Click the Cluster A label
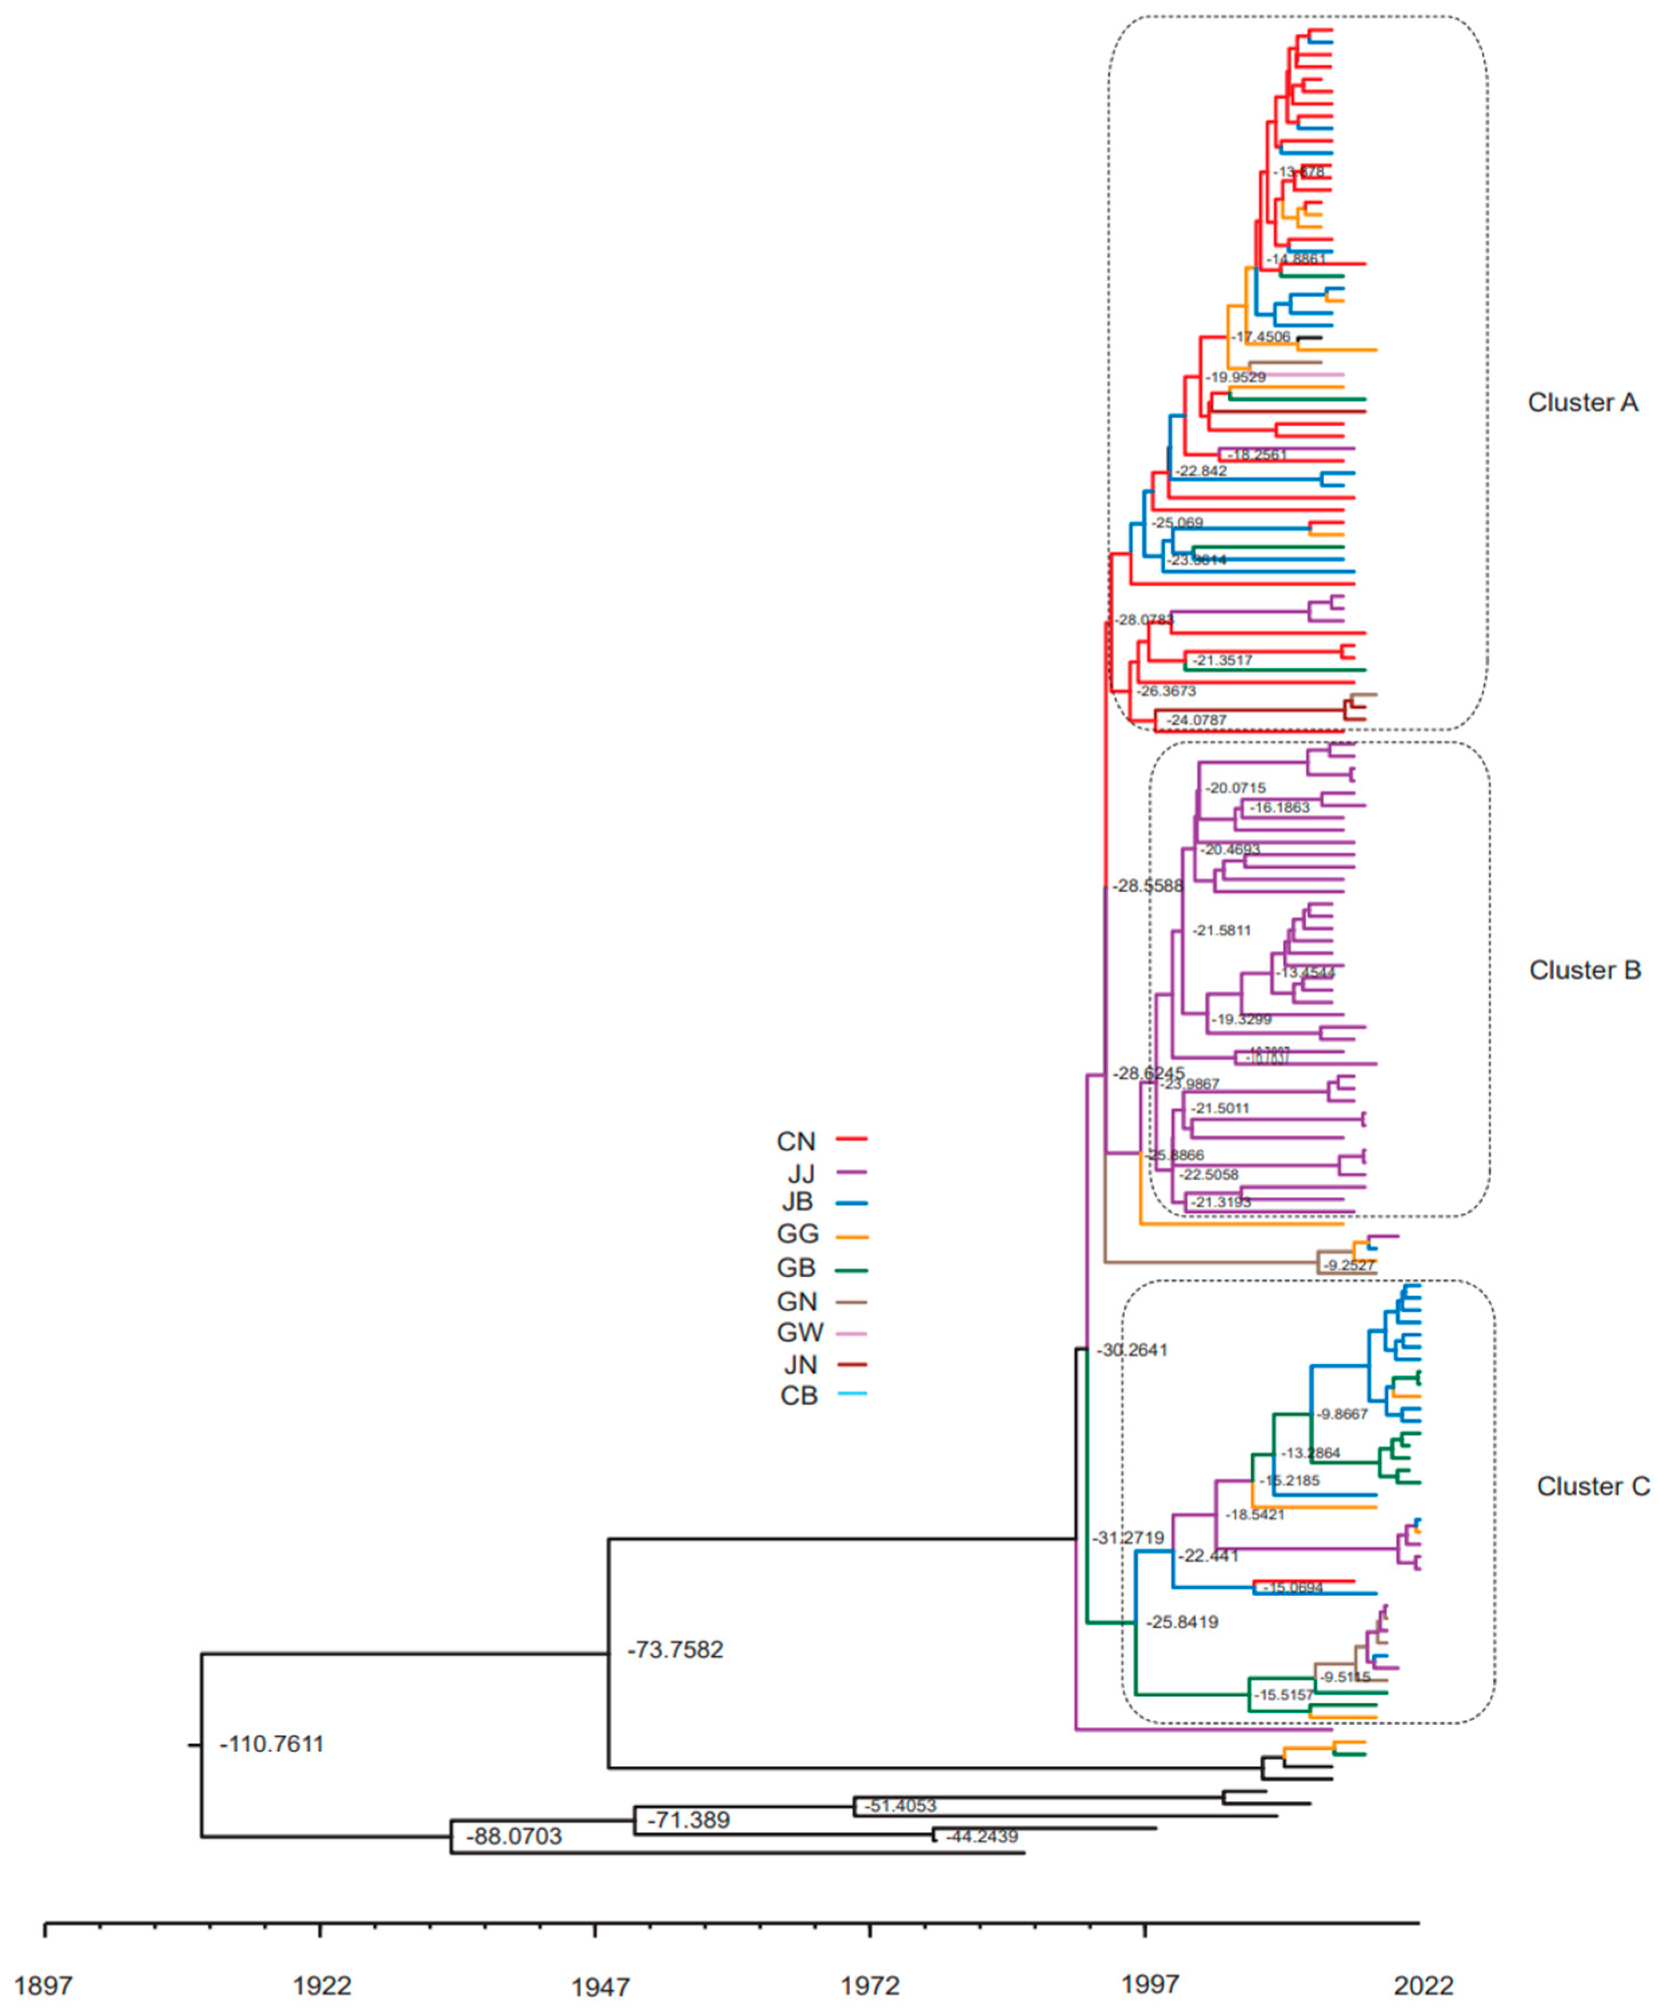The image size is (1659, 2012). pyautogui.click(x=1582, y=402)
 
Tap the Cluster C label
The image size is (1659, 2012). pyautogui.click(x=1592, y=1486)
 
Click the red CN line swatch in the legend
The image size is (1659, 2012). pyautogui.click(x=852, y=1139)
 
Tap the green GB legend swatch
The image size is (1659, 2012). pyautogui.click(x=852, y=1270)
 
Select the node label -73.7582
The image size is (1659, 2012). pyautogui.click(x=675, y=1650)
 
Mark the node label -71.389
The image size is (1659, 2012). pyautogui.click(x=688, y=1820)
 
